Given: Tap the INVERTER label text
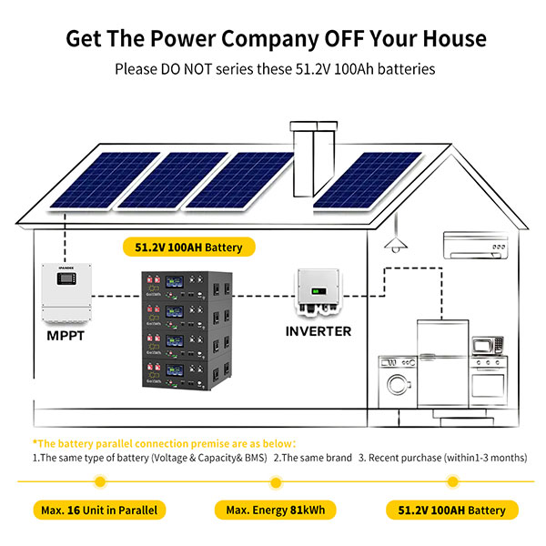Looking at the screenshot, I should (318, 331).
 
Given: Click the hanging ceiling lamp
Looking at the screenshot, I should (394, 241).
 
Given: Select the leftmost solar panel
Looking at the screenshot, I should (86, 177).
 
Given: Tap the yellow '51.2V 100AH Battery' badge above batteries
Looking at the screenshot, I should (188, 247).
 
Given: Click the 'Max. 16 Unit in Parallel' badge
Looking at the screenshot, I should (99, 510).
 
